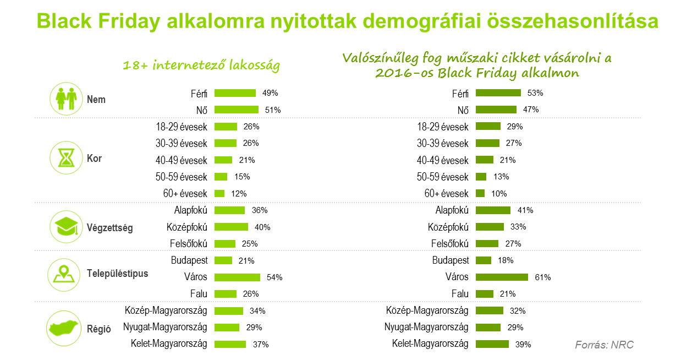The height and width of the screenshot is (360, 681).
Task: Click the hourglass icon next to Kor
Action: point(66,159)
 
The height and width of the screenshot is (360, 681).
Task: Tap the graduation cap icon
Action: point(66,227)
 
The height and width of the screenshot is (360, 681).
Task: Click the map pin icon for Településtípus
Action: point(66,273)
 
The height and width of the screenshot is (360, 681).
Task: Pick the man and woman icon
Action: point(66,99)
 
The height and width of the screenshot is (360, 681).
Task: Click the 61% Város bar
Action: point(502,277)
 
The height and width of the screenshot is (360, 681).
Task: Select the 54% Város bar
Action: point(237,277)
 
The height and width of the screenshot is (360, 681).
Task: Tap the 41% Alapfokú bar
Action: point(493,210)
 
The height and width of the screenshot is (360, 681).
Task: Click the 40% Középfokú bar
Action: point(231,227)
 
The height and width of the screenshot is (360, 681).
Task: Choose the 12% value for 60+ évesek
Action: point(239,194)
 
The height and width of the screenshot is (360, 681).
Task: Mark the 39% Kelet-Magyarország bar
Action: point(492,344)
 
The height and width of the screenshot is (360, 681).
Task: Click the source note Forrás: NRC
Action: point(604,345)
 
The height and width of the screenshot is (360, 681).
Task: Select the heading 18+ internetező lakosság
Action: point(201,66)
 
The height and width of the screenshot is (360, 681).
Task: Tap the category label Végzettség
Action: point(110,228)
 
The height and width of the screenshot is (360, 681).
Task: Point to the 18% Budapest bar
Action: point(484,260)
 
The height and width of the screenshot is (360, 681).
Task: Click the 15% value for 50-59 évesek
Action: point(242,177)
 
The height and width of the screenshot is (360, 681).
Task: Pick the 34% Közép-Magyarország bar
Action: point(228,310)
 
